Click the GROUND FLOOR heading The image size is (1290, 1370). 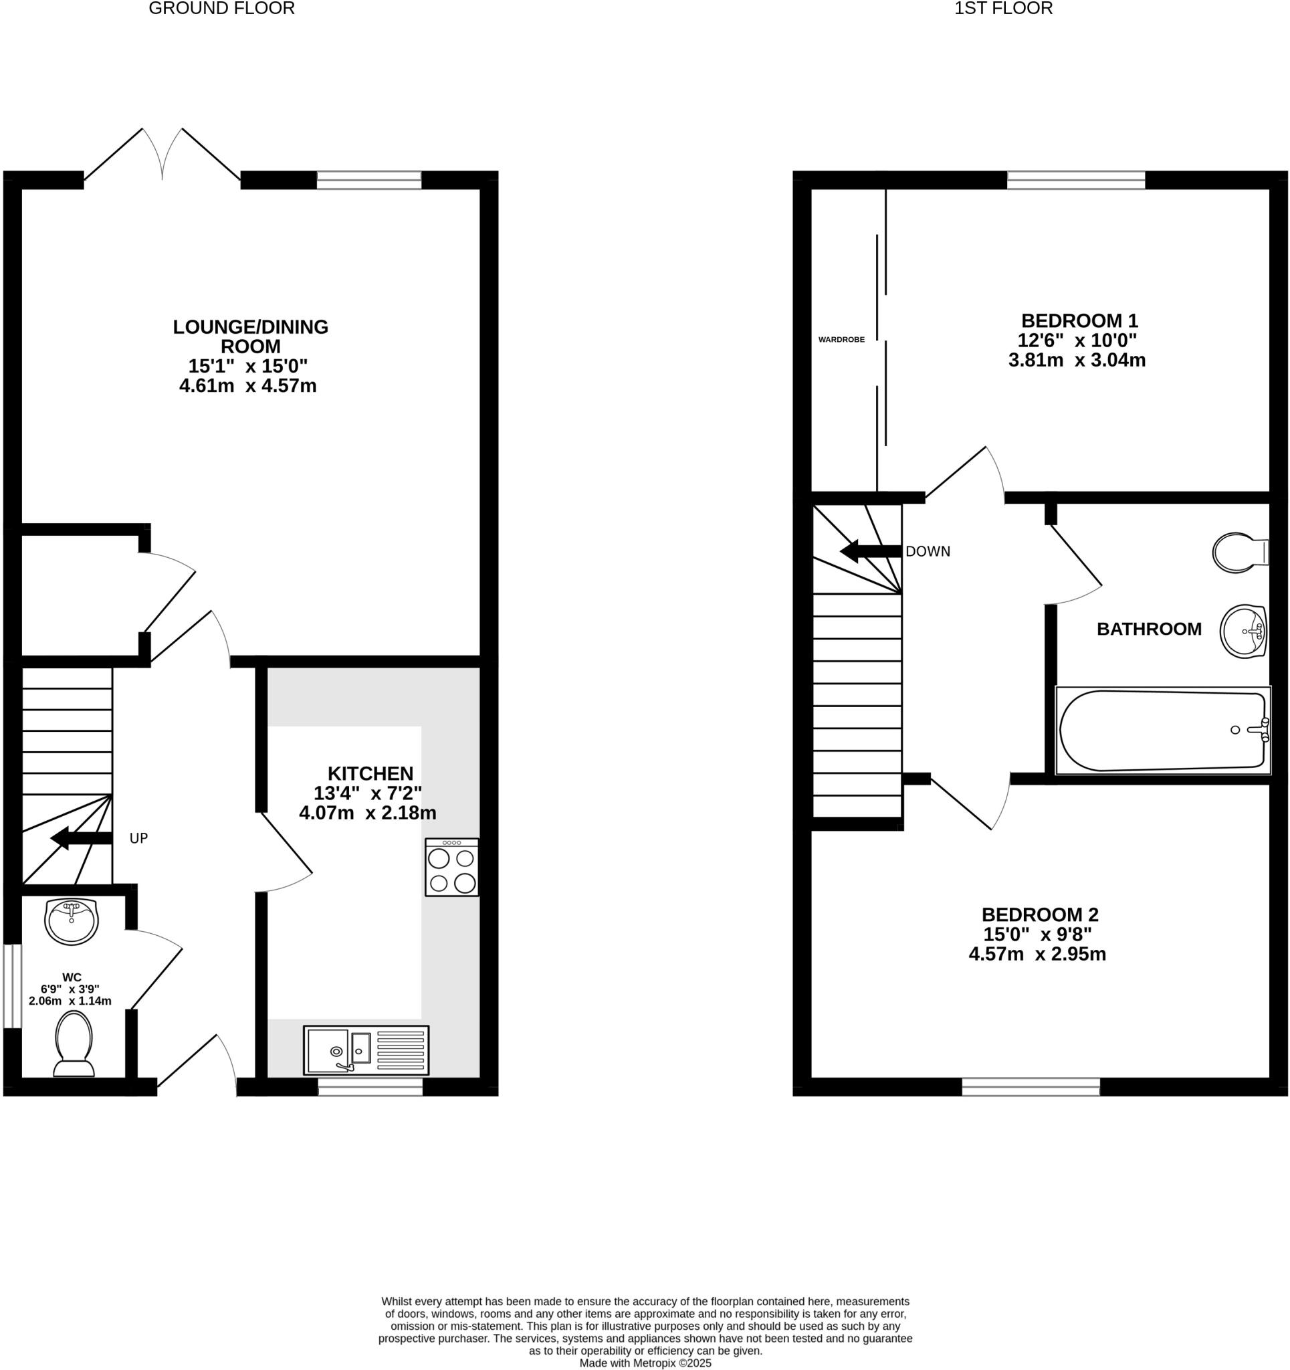tap(221, 8)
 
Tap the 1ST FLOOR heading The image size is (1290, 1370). tap(1002, 8)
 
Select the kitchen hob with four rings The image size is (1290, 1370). tap(451, 867)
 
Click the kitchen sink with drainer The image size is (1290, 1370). tap(366, 1050)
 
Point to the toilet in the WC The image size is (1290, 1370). tap(74, 1043)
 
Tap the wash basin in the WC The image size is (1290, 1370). tap(72, 920)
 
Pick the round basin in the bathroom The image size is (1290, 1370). tap(1244, 631)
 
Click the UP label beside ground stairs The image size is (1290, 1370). tap(138, 838)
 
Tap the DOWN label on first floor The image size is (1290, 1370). tap(927, 551)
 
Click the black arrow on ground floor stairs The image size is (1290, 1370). tap(82, 838)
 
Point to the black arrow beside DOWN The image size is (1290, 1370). tap(869, 551)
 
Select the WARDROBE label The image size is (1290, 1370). tap(841, 339)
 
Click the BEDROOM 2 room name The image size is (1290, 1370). tap(1039, 914)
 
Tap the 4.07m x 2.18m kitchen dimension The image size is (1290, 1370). tap(367, 813)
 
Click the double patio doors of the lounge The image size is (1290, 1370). tap(163, 156)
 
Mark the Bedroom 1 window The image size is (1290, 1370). tap(1075, 181)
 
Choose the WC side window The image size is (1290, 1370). tap(12, 985)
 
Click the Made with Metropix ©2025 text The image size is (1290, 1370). tap(645, 1363)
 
